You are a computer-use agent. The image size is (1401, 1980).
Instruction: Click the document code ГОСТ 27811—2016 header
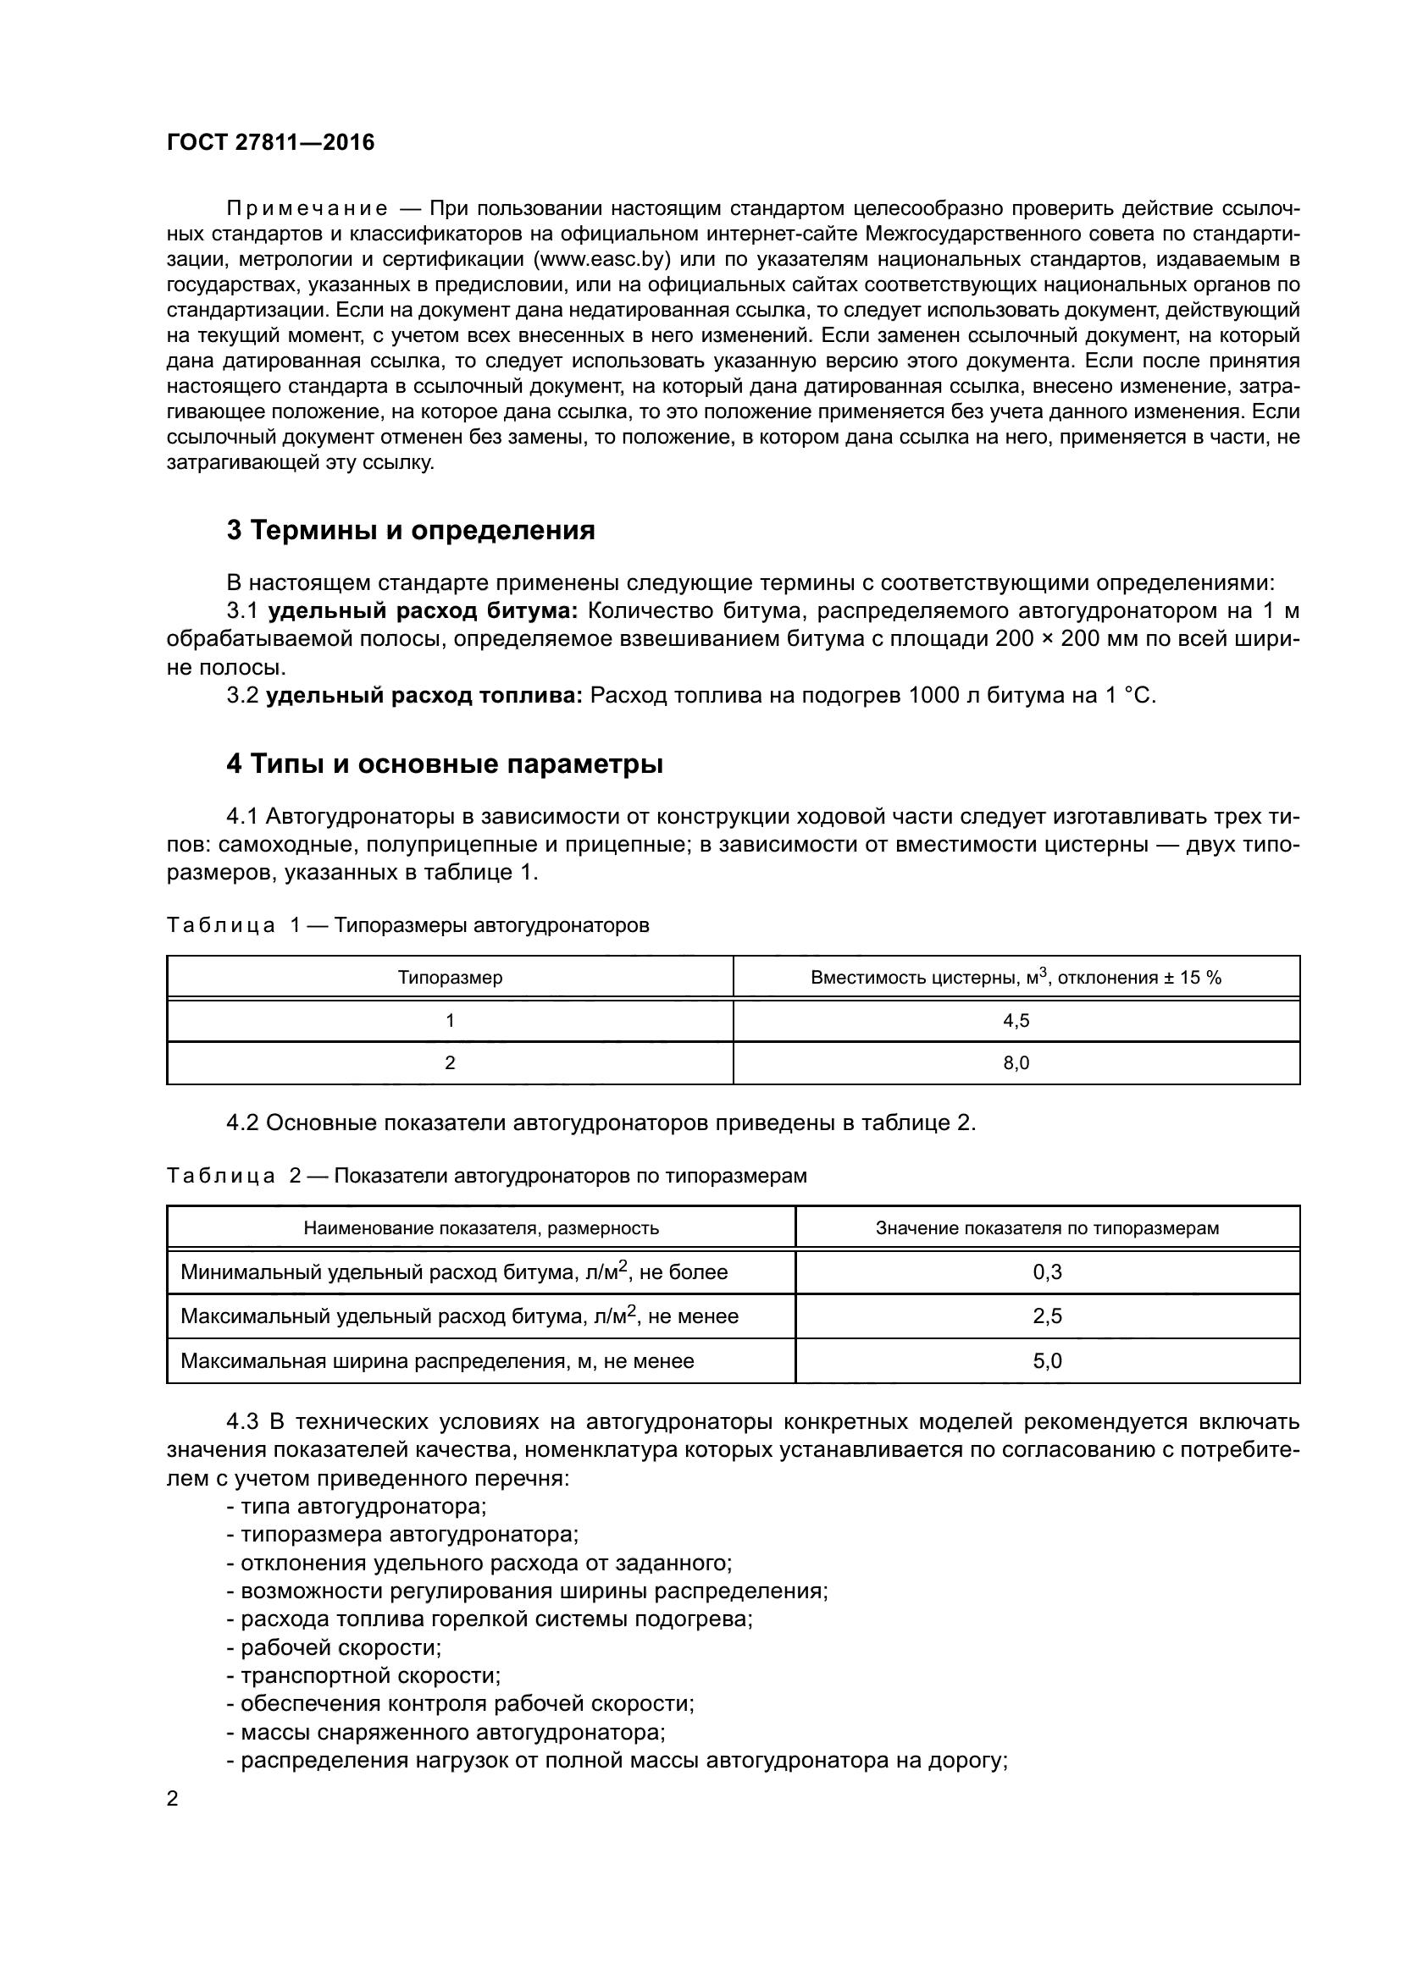point(270,143)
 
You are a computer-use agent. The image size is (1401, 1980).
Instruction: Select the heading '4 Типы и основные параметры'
point(445,764)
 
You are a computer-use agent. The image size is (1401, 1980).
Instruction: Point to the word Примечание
point(307,209)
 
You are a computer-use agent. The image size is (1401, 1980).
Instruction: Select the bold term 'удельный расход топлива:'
point(424,695)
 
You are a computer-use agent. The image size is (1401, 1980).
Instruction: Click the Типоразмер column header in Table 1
point(450,978)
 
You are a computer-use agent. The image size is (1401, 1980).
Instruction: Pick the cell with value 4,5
point(1016,1021)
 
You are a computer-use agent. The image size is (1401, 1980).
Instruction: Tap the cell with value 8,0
point(1016,1063)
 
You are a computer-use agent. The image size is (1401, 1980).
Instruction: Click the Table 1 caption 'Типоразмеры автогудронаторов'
point(491,925)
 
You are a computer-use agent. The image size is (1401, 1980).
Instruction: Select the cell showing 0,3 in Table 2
point(1046,1272)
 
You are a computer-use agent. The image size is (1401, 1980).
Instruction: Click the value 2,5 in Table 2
point(1046,1316)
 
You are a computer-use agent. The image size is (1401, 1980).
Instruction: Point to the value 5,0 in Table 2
point(1046,1361)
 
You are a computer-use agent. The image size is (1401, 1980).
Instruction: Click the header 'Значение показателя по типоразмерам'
point(1046,1228)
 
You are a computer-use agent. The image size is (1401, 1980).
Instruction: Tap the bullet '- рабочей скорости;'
point(334,1648)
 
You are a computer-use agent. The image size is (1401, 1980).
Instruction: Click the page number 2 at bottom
point(173,1799)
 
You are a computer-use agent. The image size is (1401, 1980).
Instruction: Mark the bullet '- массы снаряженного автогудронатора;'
point(446,1733)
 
